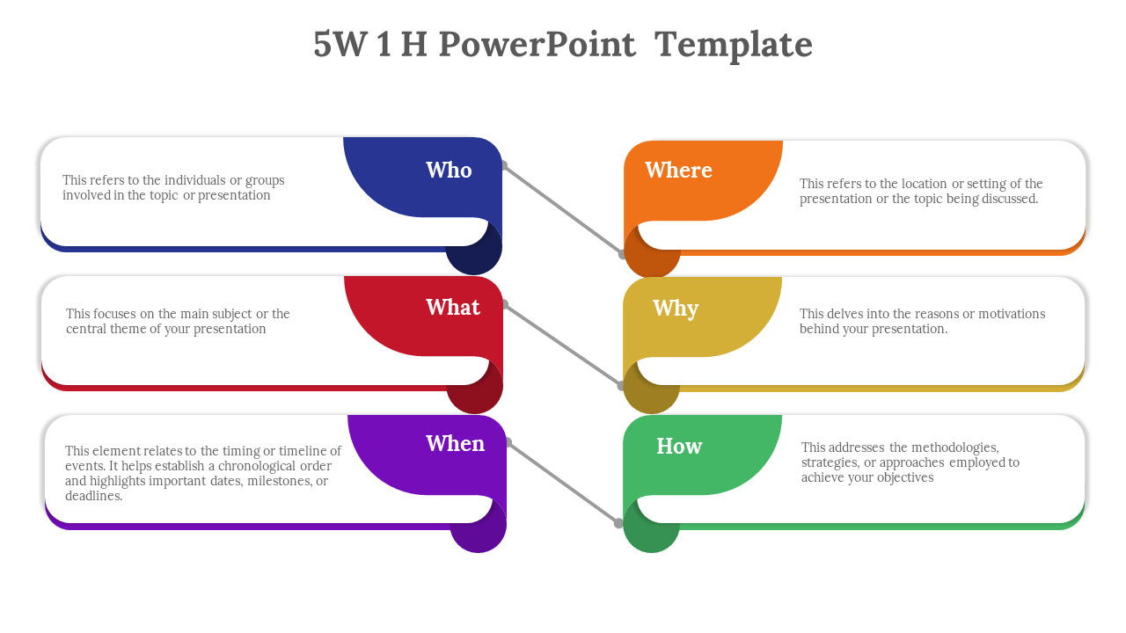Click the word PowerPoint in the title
(x=537, y=45)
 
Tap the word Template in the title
(x=734, y=45)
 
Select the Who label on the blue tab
(x=449, y=170)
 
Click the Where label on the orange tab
(x=678, y=170)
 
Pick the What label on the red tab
(x=452, y=307)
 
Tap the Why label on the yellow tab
(x=676, y=308)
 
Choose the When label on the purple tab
(x=455, y=443)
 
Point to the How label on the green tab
(x=679, y=446)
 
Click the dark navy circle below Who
(x=473, y=257)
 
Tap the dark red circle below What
(x=474, y=395)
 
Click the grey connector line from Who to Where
(x=563, y=209)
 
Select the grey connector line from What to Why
(x=563, y=346)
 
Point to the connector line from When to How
(x=564, y=483)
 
